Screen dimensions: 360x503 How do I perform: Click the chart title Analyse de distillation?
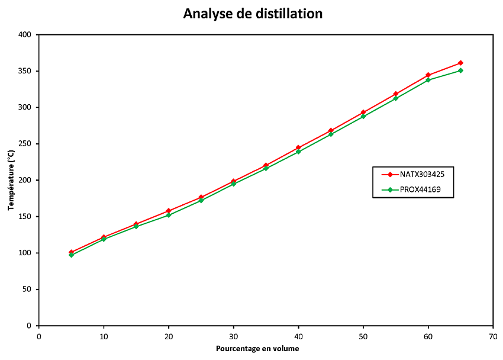[253, 14]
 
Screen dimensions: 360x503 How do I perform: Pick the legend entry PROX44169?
[418, 190]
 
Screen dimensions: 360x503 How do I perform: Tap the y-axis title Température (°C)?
[11, 180]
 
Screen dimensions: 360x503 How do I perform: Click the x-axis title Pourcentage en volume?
[257, 348]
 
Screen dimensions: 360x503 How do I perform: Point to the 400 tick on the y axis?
[24, 34]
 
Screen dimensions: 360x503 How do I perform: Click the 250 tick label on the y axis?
[24, 144]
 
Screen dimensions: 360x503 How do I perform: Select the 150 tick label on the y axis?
[24, 217]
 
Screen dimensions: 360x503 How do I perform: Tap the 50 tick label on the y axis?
[26, 290]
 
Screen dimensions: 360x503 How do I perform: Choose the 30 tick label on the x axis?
[233, 336]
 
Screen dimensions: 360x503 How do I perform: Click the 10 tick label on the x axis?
[104, 336]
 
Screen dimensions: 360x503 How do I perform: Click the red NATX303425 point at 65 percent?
[460, 63]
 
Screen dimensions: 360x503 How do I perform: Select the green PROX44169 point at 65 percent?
[460, 70]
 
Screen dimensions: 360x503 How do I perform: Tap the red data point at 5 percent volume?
[71, 252]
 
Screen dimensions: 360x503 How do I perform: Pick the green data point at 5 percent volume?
[71, 255]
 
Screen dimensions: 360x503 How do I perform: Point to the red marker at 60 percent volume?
[428, 75]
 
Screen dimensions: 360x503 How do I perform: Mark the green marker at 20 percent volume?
[169, 215]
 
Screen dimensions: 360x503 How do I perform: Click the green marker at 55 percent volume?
[395, 98]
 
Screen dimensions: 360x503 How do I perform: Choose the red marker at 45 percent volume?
[331, 130]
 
